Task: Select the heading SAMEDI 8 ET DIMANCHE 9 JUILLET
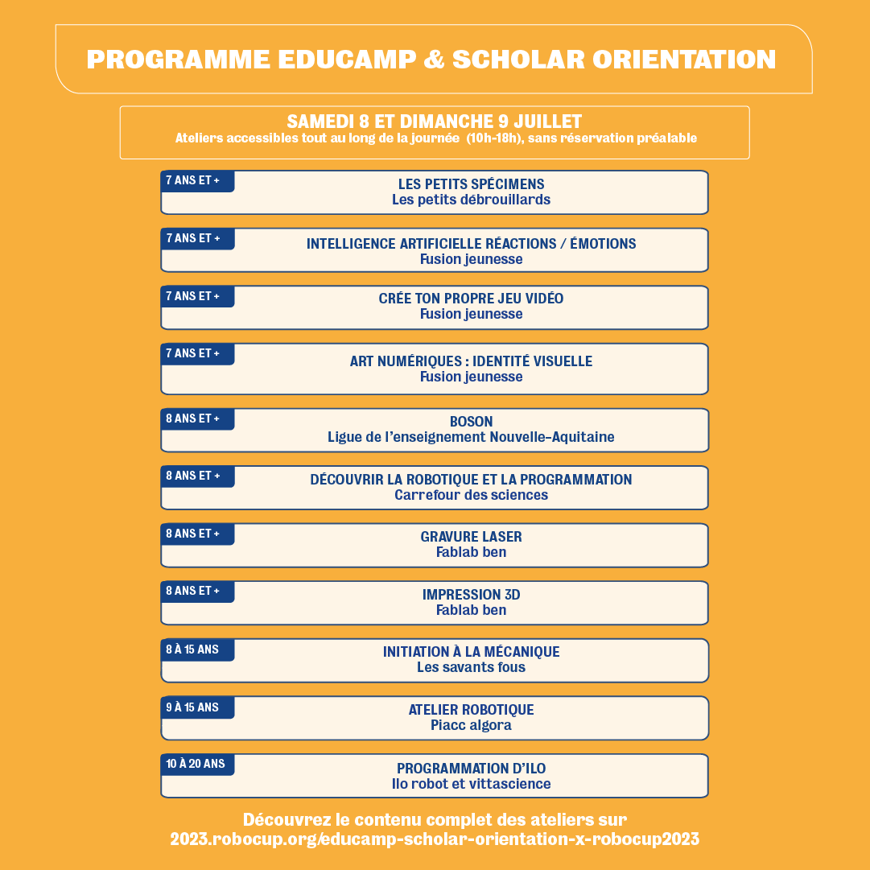(435, 122)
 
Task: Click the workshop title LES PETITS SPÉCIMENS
(471, 184)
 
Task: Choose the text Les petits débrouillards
(471, 200)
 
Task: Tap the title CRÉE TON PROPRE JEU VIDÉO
(471, 299)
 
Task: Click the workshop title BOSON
(471, 422)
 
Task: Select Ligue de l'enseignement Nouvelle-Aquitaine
(471, 437)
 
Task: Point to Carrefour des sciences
(471, 495)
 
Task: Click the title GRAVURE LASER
(471, 537)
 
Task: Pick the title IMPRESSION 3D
(471, 595)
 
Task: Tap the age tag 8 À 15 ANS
(192, 649)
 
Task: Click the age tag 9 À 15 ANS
(192, 707)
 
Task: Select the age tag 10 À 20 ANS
(196, 764)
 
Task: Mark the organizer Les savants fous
(471, 667)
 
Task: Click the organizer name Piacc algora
(471, 725)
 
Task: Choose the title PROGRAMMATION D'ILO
(471, 769)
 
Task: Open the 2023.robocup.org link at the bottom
(435, 839)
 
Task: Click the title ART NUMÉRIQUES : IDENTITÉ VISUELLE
(471, 361)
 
